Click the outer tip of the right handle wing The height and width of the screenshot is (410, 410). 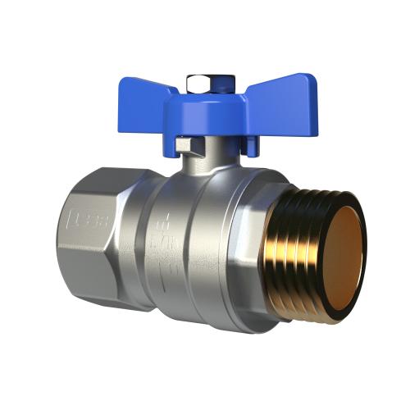312,82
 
